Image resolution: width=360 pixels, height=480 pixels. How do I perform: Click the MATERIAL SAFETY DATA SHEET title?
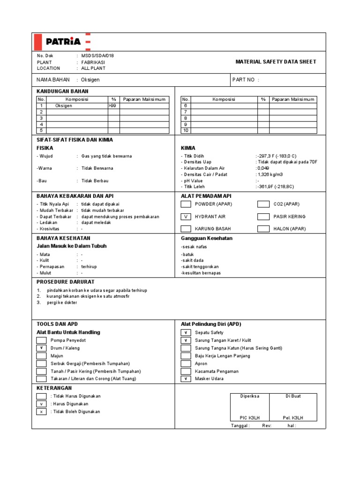(276, 62)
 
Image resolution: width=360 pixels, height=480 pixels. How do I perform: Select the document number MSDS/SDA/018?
(97, 55)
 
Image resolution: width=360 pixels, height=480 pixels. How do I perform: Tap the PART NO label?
(244, 80)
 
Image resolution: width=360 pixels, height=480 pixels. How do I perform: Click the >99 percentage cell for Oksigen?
(113, 106)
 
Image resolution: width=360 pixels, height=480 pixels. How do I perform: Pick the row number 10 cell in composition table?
(186, 130)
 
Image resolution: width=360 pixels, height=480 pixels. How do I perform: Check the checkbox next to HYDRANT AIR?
(186, 217)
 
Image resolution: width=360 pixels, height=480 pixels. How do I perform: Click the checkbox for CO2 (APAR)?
(264, 204)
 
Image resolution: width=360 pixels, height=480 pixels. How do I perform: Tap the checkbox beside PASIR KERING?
(264, 217)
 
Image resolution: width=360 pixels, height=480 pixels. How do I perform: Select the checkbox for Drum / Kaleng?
(42, 348)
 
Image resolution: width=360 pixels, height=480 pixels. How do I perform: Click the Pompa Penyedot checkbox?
(42, 340)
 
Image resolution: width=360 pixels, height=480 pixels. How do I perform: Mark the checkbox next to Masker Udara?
(186, 379)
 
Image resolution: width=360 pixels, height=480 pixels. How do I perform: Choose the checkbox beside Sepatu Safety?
(186, 333)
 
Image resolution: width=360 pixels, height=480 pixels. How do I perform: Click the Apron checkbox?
(186, 364)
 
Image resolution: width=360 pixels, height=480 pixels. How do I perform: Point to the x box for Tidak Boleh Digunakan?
(42, 412)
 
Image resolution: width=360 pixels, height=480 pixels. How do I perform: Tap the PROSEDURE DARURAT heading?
(66, 282)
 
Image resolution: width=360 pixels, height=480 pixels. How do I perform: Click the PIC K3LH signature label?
(250, 417)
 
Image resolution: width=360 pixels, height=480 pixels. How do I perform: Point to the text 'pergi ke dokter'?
(62, 303)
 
